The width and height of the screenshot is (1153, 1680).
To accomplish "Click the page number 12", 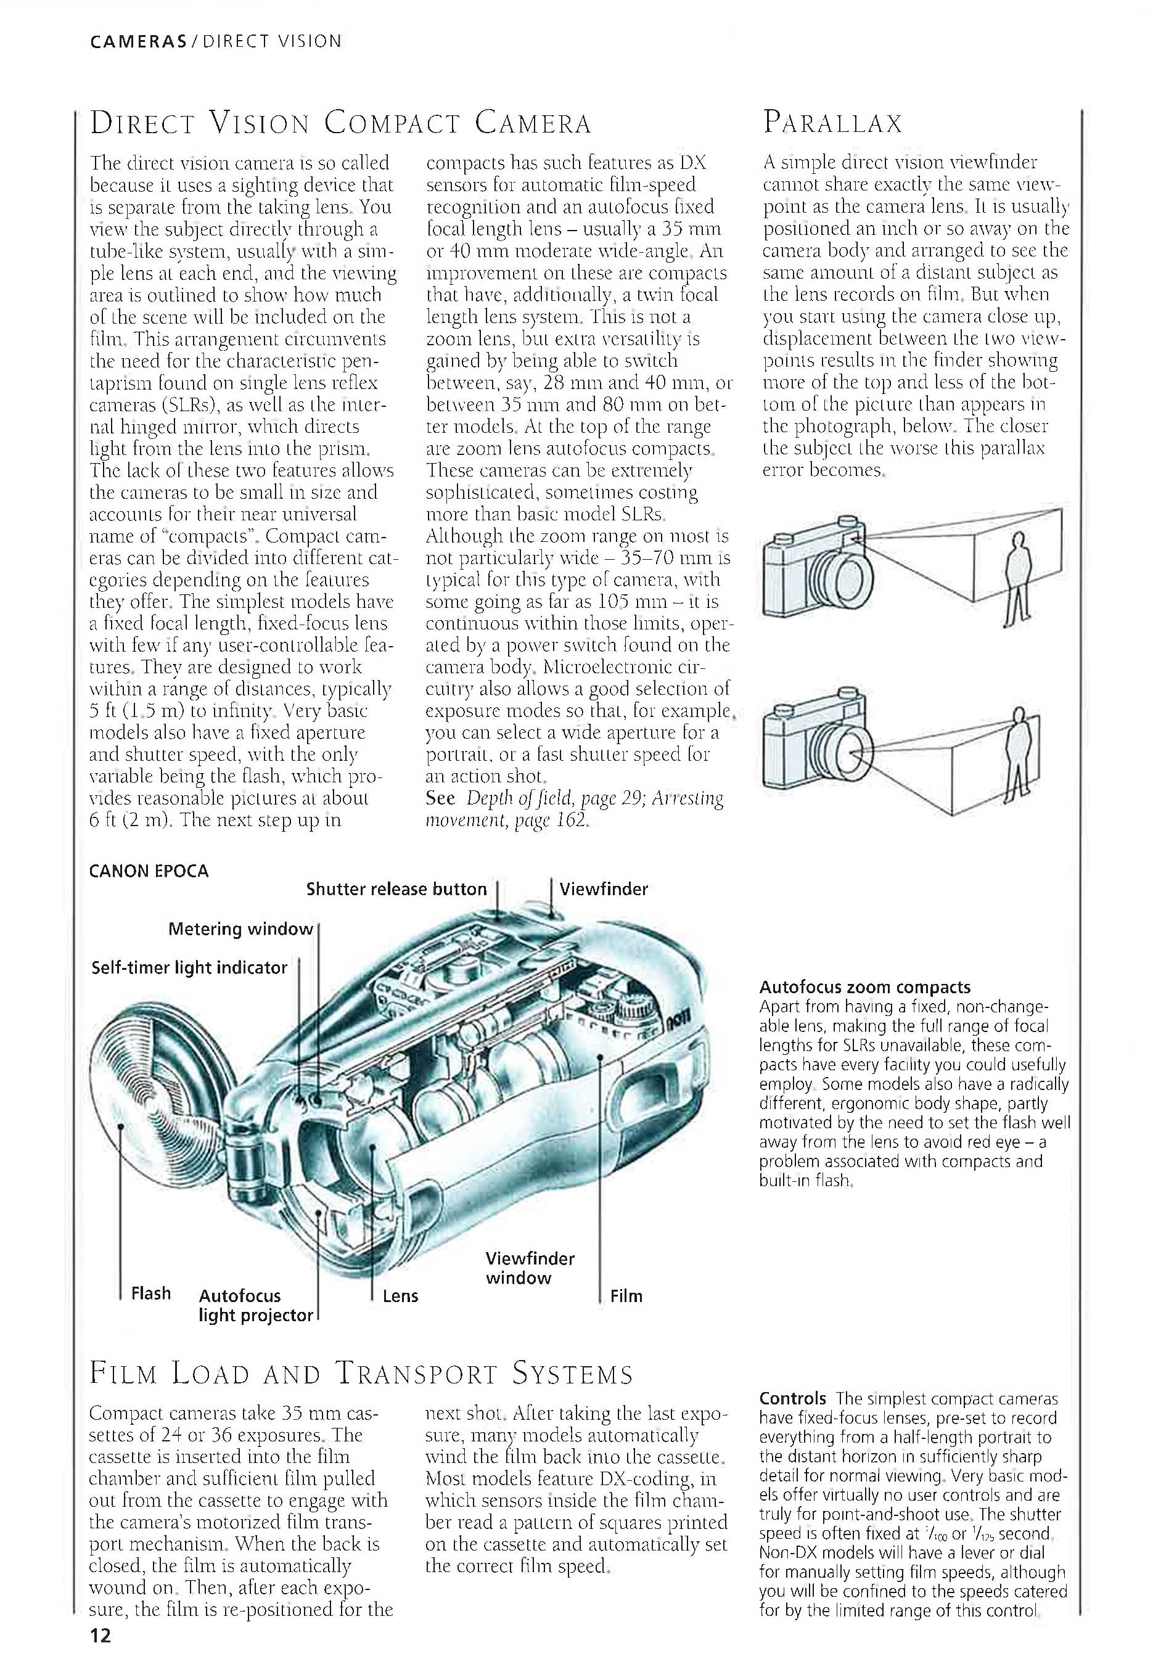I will click(x=101, y=1655).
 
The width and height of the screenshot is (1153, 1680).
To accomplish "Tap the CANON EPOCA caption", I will click(x=148, y=871).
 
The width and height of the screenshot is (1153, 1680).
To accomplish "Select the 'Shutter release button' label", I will click(x=396, y=889).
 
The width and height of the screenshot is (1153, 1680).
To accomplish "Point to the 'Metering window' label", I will click(x=240, y=929).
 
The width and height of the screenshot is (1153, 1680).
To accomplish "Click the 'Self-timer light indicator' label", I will click(x=189, y=967).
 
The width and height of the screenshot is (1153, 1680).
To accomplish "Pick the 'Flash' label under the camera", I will click(x=150, y=1293).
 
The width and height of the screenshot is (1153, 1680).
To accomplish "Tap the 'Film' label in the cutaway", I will click(x=625, y=1296).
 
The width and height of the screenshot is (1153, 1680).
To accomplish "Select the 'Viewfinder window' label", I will click(x=529, y=1268).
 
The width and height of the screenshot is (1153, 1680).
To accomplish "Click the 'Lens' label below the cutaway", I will click(x=400, y=1296).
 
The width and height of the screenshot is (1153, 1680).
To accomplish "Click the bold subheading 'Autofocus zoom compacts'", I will click(x=864, y=988).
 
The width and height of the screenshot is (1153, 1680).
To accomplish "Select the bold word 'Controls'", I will click(x=792, y=1399).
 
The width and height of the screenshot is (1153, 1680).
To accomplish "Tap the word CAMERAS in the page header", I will click(x=138, y=41).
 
